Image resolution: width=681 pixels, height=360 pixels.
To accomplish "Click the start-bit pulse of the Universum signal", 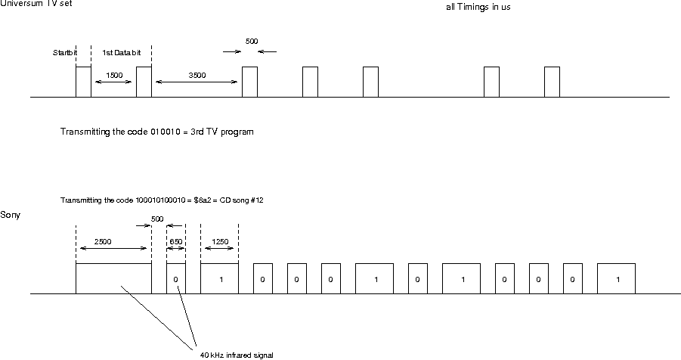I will tap(83, 82).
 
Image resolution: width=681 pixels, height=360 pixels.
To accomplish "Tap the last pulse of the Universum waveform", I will tap(552, 82).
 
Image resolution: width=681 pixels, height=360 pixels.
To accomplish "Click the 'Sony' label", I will tap(11, 216).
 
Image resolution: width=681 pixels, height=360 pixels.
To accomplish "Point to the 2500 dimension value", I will tap(104, 242).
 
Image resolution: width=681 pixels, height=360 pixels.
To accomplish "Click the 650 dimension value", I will tap(175, 242).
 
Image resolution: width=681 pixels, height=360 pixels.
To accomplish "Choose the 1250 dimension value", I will tap(220, 242).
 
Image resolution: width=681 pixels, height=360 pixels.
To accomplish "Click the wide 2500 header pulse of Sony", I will tap(113, 278).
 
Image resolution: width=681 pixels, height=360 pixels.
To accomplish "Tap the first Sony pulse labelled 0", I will tap(175, 279).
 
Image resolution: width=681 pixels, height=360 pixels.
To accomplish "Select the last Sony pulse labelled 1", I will tap(616, 279).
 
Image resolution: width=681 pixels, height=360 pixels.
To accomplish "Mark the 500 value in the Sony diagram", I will tap(157, 219).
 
